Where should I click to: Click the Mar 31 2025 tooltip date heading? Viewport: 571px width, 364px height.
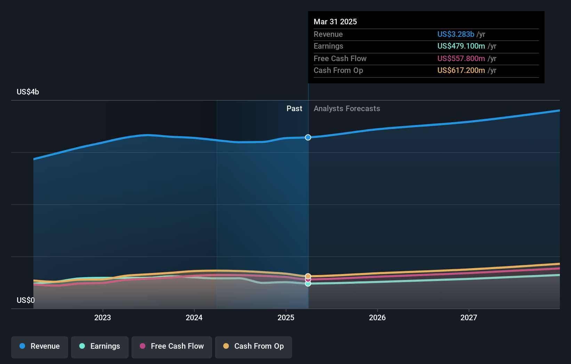coord(335,22)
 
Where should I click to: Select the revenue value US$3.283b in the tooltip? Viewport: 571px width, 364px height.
coord(456,34)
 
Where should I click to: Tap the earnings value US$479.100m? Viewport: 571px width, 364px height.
coord(461,46)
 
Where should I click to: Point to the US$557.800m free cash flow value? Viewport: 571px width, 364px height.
coord(461,58)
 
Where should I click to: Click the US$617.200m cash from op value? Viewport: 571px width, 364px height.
coord(461,71)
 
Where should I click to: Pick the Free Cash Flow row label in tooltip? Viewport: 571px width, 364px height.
coord(340,58)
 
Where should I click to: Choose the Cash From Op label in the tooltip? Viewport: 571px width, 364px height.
coord(338,71)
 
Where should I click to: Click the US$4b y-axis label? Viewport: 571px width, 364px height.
coord(28,92)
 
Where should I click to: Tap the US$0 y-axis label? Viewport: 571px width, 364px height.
coord(26,300)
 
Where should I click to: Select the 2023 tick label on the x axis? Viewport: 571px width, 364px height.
coord(103,317)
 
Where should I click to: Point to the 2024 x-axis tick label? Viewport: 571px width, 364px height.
coord(194,317)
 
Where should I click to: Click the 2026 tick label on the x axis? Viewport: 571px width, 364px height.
coord(377,317)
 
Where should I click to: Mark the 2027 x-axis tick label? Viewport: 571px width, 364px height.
coord(469,317)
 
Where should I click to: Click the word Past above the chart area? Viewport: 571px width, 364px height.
coord(294,108)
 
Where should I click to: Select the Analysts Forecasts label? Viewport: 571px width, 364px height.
coord(347,108)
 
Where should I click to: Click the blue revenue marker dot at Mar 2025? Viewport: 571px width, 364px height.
coord(308,138)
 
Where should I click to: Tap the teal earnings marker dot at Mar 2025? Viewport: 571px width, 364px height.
coord(308,284)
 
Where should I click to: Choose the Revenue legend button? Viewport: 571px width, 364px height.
coord(40,347)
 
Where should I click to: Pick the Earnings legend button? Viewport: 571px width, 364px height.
coord(100,347)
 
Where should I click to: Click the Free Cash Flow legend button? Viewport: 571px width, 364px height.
coord(172,347)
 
